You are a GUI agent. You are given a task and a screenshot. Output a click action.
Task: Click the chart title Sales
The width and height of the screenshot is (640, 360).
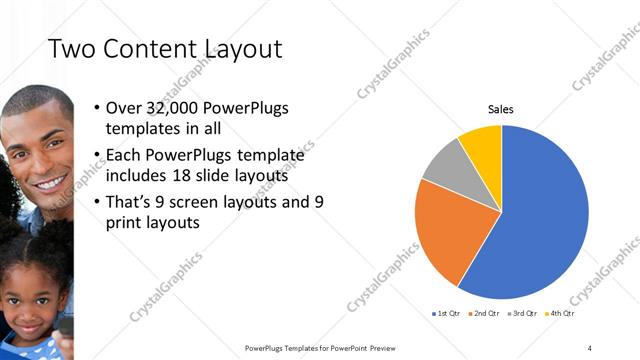pyautogui.click(x=500, y=109)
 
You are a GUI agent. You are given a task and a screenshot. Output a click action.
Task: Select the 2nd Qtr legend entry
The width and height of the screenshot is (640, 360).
pyautogui.click(x=486, y=314)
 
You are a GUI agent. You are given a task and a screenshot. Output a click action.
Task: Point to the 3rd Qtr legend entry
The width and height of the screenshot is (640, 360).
pyautogui.click(x=524, y=314)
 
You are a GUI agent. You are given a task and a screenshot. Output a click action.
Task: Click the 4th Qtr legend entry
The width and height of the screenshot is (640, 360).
pyautogui.click(x=561, y=314)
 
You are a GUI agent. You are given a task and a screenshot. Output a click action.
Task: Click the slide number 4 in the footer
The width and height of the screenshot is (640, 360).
pyautogui.click(x=590, y=347)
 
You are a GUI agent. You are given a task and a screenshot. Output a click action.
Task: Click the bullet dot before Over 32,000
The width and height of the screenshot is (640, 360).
pyautogui.click(x=95, y=107)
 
